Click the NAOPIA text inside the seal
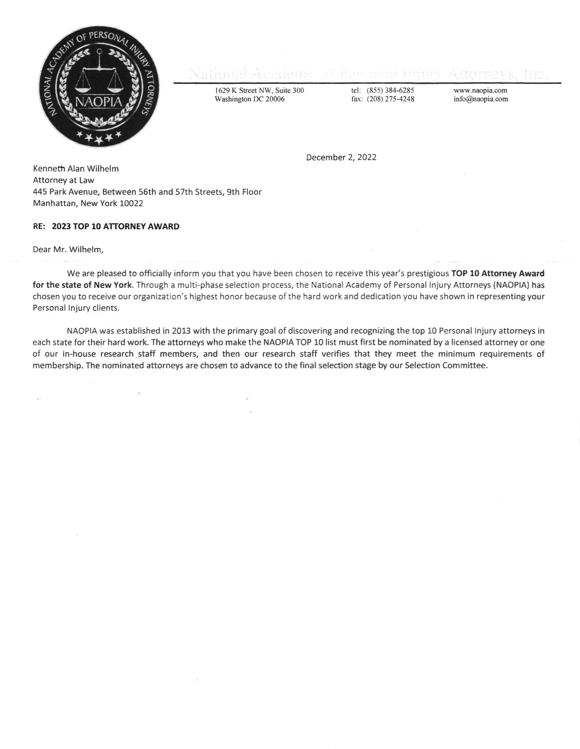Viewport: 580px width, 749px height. (98, 101)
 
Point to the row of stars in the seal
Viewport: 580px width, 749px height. (99, 138)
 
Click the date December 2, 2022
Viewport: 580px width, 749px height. (341, 157)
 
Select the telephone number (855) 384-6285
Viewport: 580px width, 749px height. (390, 91)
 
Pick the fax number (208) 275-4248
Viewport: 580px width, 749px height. (390, 99)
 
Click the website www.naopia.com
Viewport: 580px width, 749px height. (480, 91)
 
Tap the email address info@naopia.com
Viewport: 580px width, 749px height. (481, 99)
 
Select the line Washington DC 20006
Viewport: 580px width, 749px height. (249, 99)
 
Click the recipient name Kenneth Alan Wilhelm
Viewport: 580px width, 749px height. (76, 169)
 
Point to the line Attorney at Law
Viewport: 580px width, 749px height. (63, 180)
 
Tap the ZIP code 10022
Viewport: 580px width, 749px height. (131, 203)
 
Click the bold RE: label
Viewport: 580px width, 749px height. (39, 226)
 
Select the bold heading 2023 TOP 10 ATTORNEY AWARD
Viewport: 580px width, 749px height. (115, 226)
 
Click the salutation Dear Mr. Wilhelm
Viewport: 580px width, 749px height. (68, 249)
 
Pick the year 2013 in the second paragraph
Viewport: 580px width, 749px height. (181, 331)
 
